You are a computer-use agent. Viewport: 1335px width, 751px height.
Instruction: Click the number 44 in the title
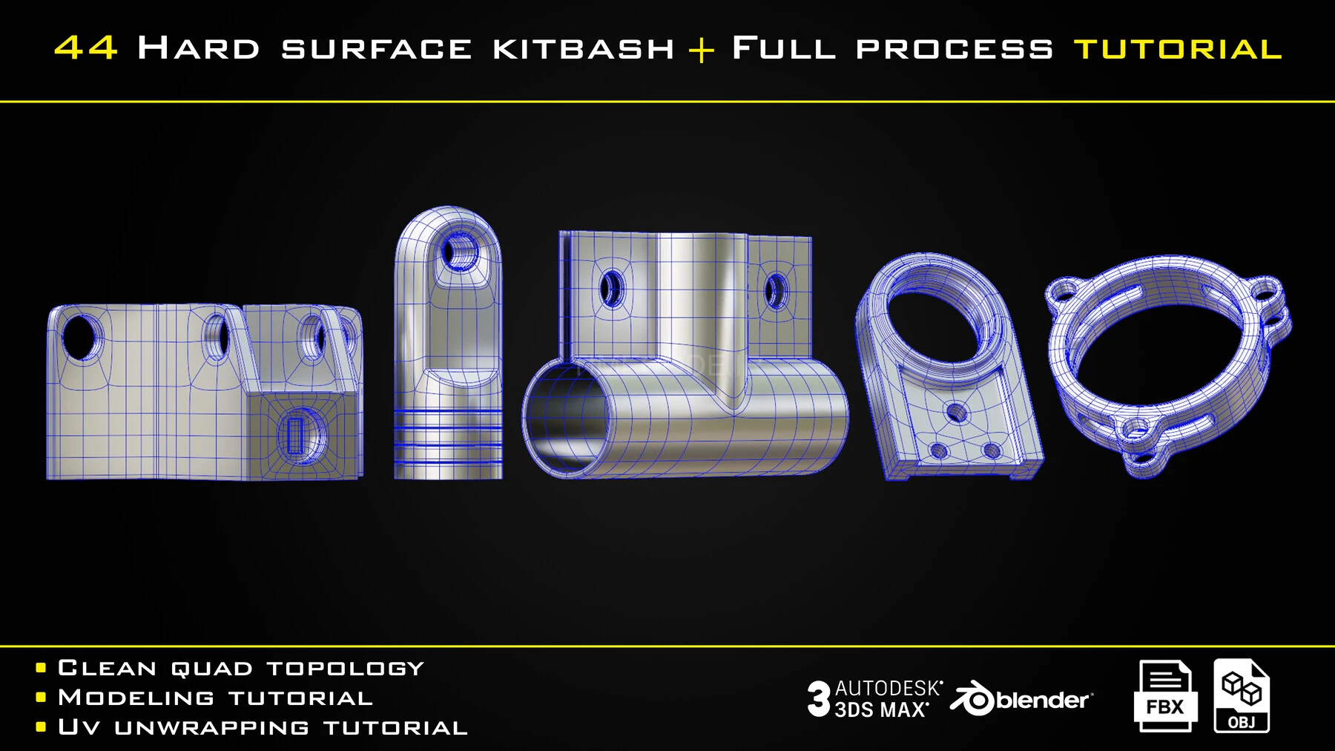click(x=85, y=48)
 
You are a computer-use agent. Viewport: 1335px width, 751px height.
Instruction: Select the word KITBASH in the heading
click(x=584, y=49)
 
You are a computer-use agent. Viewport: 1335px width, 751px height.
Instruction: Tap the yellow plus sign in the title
click(x=701, y=50)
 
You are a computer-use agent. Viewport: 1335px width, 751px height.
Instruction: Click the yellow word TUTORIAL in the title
click(x=1178, y=49)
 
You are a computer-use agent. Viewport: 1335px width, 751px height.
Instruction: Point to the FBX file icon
click(x=1164, y=695)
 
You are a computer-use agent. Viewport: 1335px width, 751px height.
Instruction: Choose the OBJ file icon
click(x=1242, y=695)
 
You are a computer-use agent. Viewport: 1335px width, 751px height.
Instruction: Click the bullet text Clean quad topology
click(x=240, y=668)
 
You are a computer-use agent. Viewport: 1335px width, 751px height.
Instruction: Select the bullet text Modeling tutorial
click(x=215, y=698)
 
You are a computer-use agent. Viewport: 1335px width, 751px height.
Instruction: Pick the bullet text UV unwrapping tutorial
click(x=263, y=727)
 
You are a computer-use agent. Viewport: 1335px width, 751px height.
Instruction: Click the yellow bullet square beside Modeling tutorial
click(x=41, y=698)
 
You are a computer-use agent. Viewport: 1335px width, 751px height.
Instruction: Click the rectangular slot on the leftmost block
click(x=294, y=434)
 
